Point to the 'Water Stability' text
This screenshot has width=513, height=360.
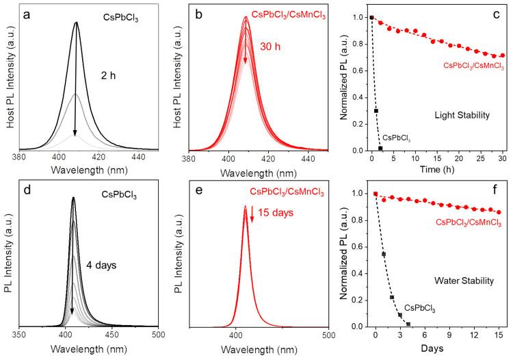pyautogui.click(x=456, y=281)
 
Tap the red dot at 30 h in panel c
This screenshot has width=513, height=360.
pyautogui.click(x=503, y=55)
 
